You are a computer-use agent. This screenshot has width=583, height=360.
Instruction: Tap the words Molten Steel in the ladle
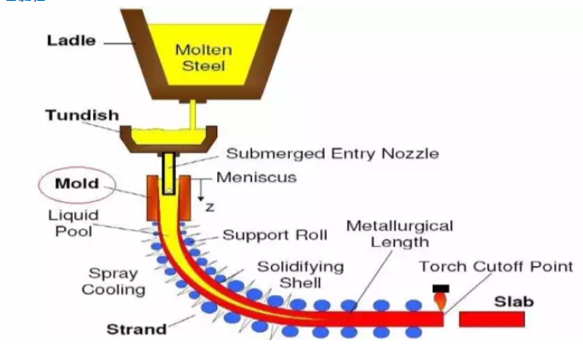203,56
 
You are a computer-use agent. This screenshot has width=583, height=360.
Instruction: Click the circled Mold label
77,184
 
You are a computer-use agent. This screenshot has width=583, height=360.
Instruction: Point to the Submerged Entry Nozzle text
333,154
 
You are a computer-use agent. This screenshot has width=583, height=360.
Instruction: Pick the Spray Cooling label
113,281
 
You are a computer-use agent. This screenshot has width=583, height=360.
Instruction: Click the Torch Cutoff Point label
496,267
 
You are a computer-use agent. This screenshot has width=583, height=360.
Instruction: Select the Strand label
135,328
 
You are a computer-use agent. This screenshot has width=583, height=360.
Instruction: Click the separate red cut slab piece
492,319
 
